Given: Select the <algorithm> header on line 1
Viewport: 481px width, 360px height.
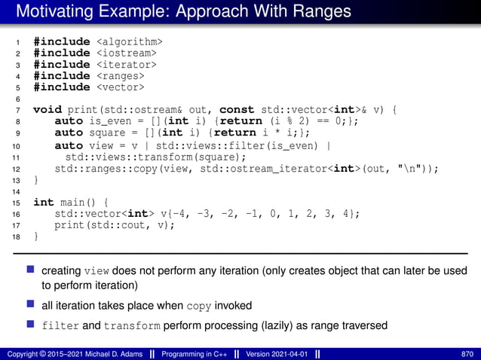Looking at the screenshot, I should [x=129, y=41].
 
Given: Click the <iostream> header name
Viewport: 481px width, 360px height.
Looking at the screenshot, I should [x=126, y=53].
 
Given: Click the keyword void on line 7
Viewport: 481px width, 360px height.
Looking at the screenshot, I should [x=47, y=109].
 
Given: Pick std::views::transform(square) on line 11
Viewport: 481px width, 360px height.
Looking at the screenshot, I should [x=156, y=157].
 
